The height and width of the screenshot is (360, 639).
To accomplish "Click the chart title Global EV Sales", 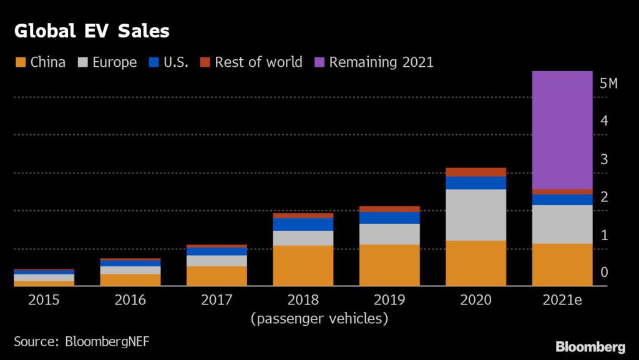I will (92, 31).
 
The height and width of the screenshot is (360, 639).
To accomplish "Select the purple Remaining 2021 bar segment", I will (562, 130).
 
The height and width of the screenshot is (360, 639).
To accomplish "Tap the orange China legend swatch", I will (20, 62).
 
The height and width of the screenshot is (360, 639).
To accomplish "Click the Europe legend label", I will (114, 62).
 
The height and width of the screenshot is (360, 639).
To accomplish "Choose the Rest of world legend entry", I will (258, 62).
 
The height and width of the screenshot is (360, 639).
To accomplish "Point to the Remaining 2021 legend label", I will (381, 62).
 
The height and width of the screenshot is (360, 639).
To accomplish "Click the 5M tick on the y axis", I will (608, 84).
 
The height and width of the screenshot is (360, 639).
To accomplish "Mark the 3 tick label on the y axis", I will (604, 159).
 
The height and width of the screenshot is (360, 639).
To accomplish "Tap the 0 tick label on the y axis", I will (604, 273).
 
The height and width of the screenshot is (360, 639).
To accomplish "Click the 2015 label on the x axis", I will (44, 300).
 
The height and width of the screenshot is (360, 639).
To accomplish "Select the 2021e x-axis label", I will (562, 300).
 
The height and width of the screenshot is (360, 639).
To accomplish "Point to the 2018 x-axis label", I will (303, 300).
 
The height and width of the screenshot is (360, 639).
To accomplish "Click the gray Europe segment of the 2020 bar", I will (476, 215).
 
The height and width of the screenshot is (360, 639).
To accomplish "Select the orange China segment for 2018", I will (303, 266).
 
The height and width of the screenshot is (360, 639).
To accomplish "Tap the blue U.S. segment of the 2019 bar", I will (389, 218).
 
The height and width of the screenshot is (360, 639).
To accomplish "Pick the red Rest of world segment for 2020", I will (476, 172).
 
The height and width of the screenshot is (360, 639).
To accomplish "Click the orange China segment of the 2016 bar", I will (130, 280).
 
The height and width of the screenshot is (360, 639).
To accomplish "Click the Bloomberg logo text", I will (590, 346).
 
